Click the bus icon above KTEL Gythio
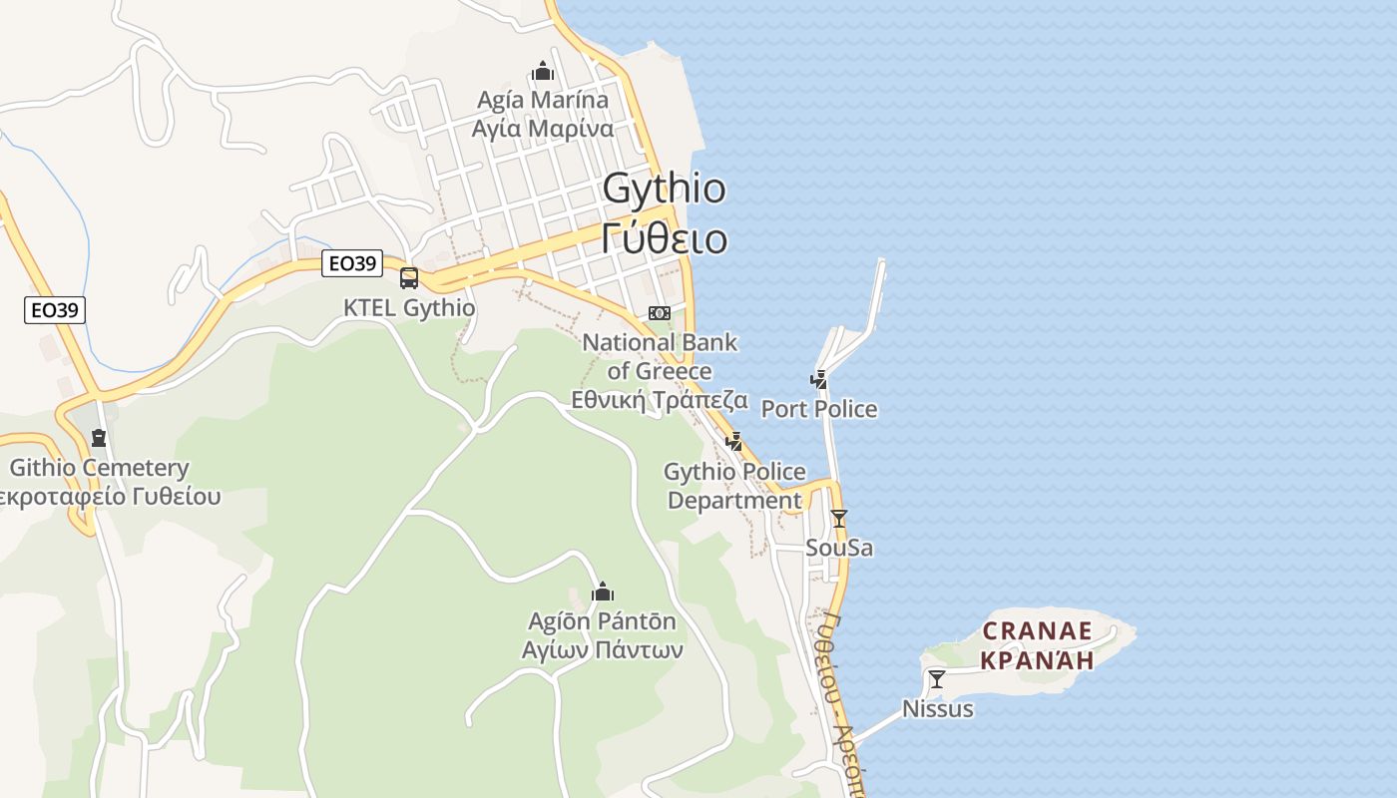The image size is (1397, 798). pos(409,278)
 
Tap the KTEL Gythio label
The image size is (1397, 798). pos(409,307)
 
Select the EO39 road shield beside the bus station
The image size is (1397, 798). pos(353,263)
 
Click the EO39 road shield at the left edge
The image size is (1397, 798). pos(55,310)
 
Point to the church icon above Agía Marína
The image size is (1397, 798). pos(543,71)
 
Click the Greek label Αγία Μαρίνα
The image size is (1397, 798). pos(543,129)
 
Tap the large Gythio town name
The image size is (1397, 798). pos(665,189)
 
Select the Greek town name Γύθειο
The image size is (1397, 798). pos(665,239)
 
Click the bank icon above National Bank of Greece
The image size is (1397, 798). pos(659,313)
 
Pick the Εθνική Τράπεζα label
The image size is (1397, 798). pos(660,400)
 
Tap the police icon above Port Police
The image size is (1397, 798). pos(818,380)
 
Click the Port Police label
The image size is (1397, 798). pos(819,409)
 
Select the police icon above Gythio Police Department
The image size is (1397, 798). pos(734,441)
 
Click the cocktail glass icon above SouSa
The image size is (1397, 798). pos(839,519)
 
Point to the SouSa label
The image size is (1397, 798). pos(839,548)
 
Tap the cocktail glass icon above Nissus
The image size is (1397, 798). pos(937,679)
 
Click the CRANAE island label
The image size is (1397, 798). pos(1038,631)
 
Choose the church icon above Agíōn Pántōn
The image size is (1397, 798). pos(602,593)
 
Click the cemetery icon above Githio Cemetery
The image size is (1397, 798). pos(99,438)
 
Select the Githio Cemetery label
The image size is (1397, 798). pos(100,468)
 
